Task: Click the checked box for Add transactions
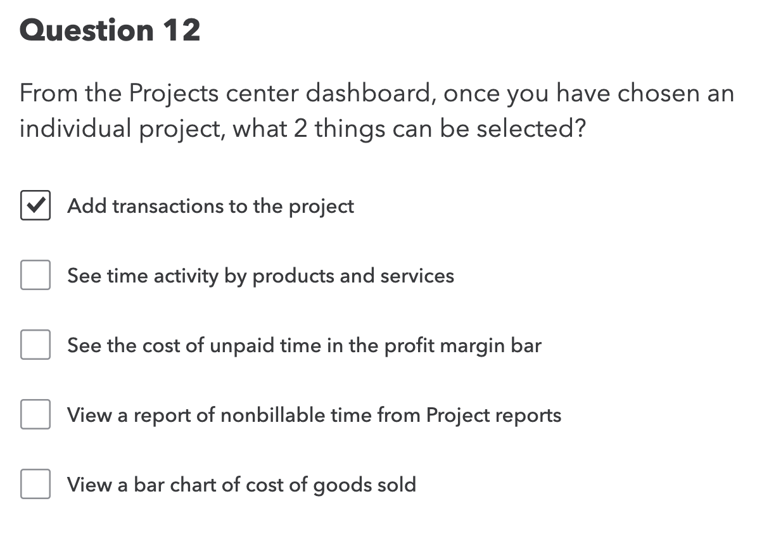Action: click(x=35, y=206)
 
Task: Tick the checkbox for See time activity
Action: click(x=35, y=276)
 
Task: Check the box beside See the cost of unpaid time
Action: click(x=35, y=345)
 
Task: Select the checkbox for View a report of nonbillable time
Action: click(x=35, y=415)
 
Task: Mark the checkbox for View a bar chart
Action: click(x=35, y=485)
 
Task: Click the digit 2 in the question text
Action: click(x=299, y=129)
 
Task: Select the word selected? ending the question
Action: click(x=531, y=129)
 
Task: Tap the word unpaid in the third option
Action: click(x=245, y=345)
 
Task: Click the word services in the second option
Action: click(x=417, y=276)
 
